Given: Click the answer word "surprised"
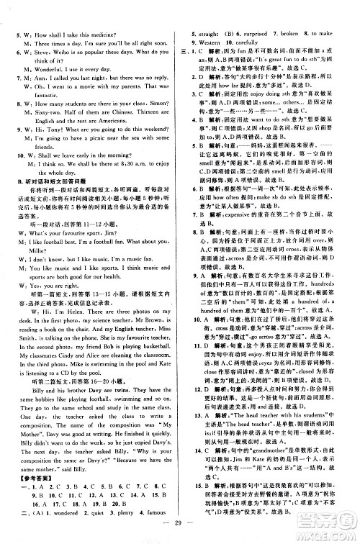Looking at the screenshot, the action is coord(259,34).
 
